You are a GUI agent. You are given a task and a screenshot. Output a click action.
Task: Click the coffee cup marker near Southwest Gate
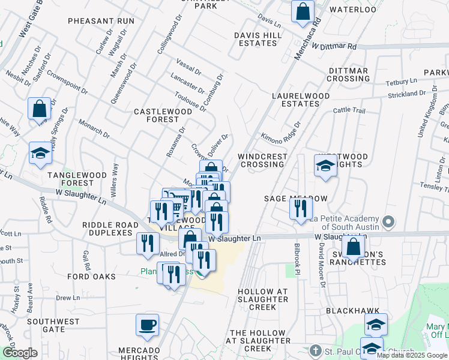(147, 326)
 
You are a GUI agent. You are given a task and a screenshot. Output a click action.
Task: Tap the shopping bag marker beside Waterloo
(303, 11)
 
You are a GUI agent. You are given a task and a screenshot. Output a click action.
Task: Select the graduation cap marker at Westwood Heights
(325, 166)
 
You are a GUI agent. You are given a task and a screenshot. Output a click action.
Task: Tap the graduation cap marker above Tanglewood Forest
(40, 153)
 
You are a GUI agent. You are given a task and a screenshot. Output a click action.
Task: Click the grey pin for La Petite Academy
(388, 222)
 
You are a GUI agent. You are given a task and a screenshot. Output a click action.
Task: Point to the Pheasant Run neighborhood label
(101, 21)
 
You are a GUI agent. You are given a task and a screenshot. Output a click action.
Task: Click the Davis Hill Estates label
(258, 40)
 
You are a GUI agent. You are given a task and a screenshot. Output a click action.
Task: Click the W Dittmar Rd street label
(334, 46)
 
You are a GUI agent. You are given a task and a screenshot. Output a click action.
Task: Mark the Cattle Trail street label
(349, 110)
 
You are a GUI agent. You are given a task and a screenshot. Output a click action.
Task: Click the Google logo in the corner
(20, 353)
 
